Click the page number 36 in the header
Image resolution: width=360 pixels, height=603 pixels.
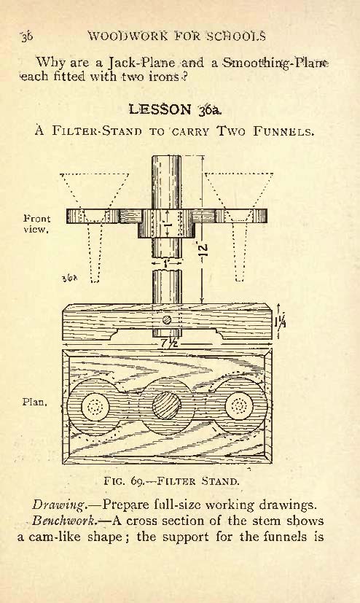coord(27,36)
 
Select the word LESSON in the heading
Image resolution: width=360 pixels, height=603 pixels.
coord(160,109)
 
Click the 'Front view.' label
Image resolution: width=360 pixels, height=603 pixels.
coord(36,225)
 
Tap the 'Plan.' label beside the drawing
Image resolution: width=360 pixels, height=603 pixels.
coord(34,402)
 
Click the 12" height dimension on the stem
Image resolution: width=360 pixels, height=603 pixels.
coord(204,251)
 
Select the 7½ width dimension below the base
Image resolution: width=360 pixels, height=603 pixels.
coord(168,343)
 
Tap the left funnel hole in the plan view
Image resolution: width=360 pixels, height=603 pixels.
coord(95,406)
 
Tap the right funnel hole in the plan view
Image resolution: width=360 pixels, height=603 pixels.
coord(239,405)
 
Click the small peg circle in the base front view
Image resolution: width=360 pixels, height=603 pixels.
coord(166,319)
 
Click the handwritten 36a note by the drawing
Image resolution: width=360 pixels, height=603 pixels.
coord(70,278)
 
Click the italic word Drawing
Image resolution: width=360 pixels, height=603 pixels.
coord(58,505)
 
